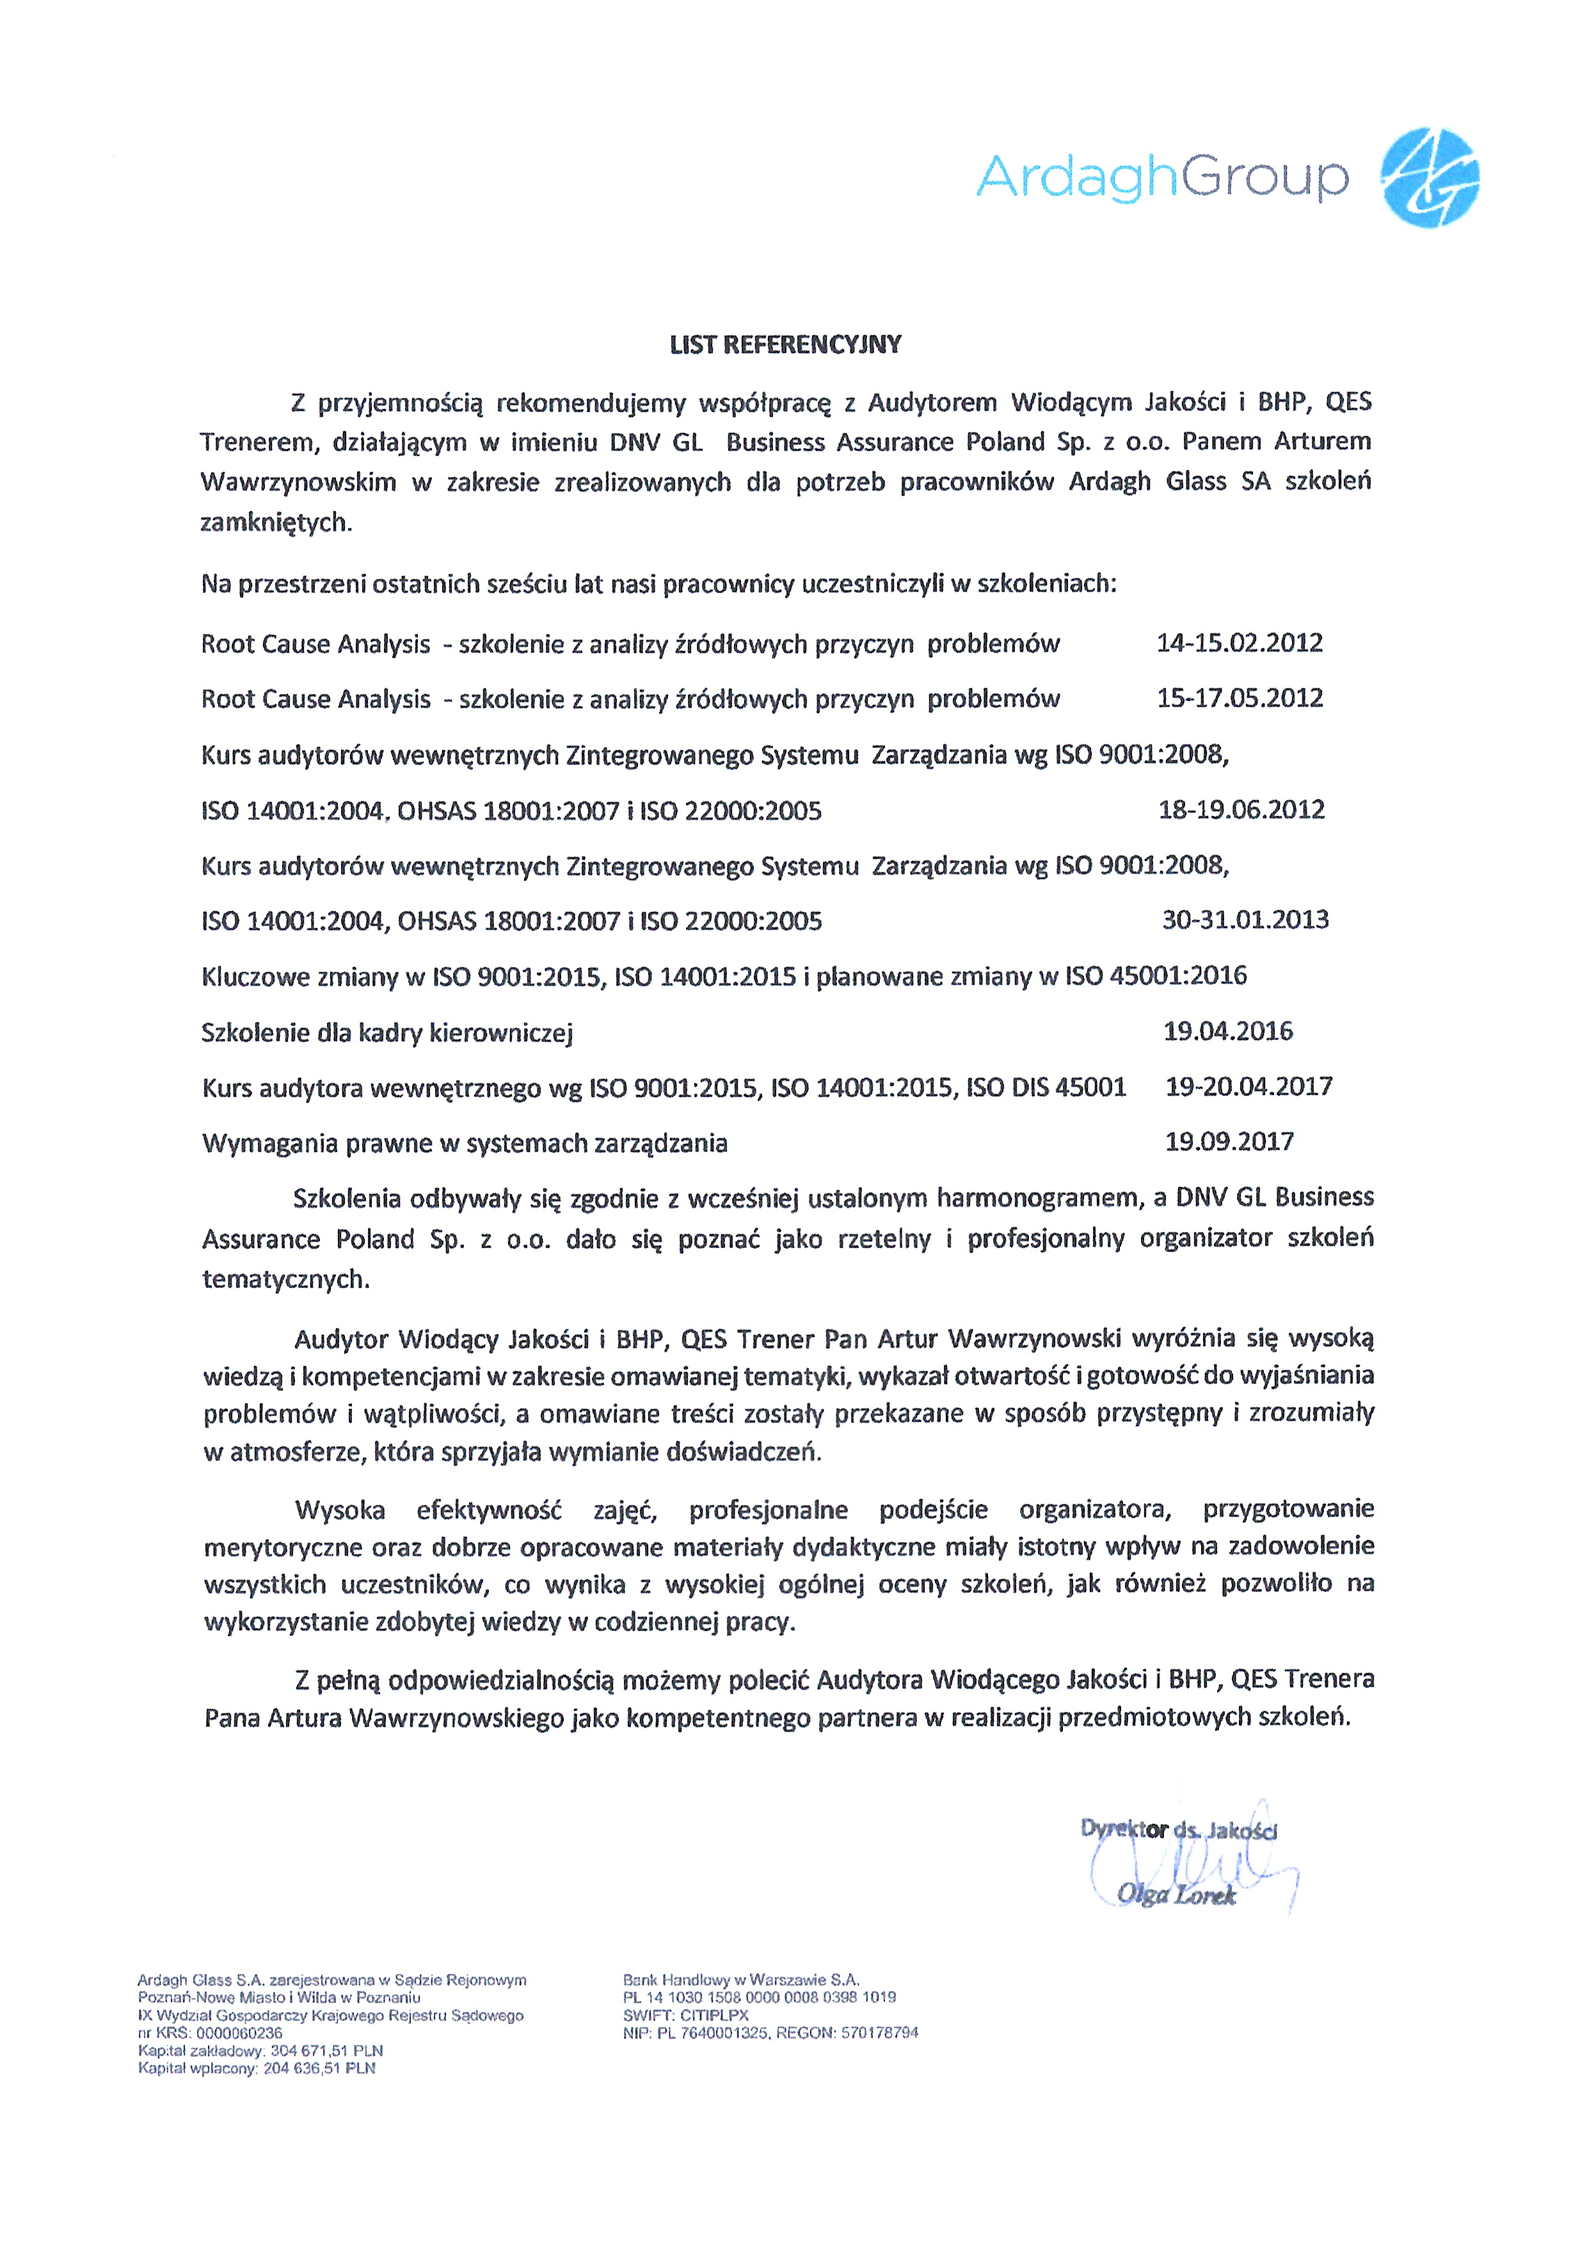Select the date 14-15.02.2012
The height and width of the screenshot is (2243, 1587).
point(1239,643)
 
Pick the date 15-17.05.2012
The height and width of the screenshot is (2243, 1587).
point(1239,698)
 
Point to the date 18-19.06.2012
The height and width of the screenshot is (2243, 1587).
point(1241,810)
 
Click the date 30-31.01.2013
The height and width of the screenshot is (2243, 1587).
point(1245,919)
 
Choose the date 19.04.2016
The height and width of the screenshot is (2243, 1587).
point(1227,1030)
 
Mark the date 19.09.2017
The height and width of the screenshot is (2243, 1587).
point(1229,1142)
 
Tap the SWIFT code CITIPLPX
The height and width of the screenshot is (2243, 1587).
point(714,2015)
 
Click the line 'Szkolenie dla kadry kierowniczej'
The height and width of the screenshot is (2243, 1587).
point(387,1033)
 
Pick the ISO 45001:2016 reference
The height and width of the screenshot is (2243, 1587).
point(1155,976)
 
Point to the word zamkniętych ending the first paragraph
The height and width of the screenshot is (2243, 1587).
point(276,523)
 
